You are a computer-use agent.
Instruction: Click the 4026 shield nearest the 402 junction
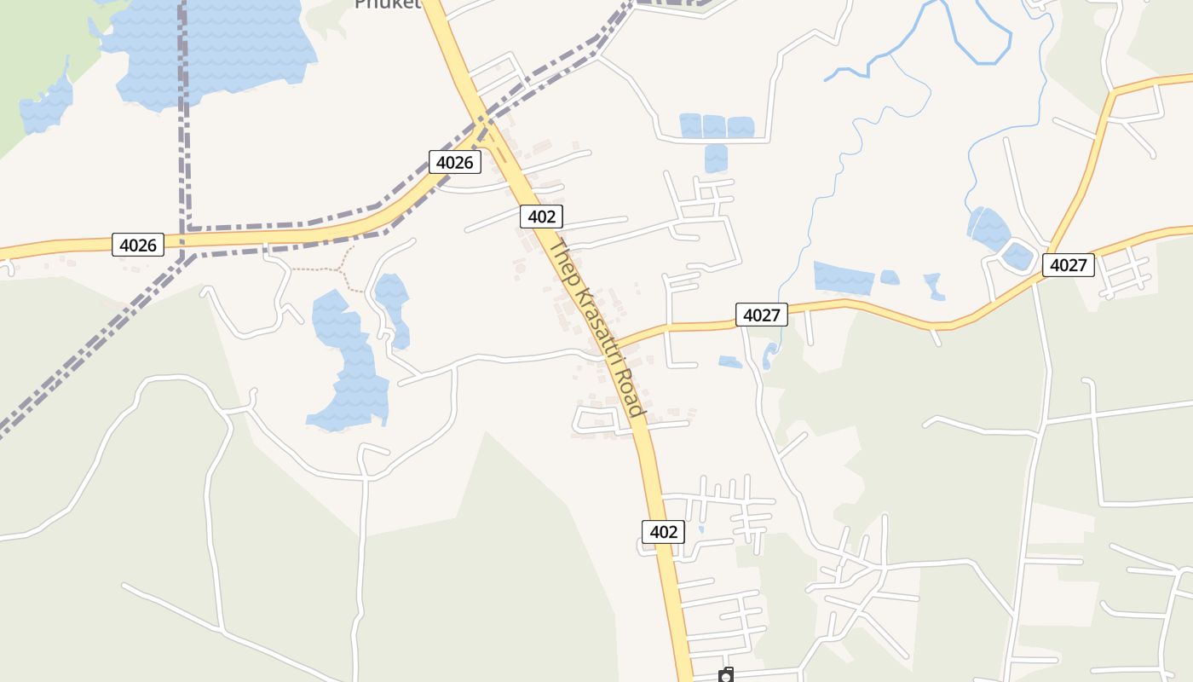(x=454, y=162)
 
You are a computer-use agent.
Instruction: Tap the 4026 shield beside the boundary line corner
(x=138, y=246)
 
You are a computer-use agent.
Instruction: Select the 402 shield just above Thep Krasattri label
(x=541, y=217)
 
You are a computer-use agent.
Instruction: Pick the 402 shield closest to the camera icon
(x=663, y=532)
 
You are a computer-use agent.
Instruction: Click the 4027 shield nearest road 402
(x=761, y=315)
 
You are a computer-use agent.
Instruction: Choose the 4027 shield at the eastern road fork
(x=1068, y=265)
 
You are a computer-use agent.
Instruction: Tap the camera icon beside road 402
(x=726, y=676)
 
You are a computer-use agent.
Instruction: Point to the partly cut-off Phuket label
(x=388, y=4)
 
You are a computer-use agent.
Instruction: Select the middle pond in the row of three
(x=714, y=126)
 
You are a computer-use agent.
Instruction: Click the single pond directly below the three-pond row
(x=716, y=158)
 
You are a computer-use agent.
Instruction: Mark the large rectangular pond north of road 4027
(x=844, y=278)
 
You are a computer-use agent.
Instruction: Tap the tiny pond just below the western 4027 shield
(x=729, y=362)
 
